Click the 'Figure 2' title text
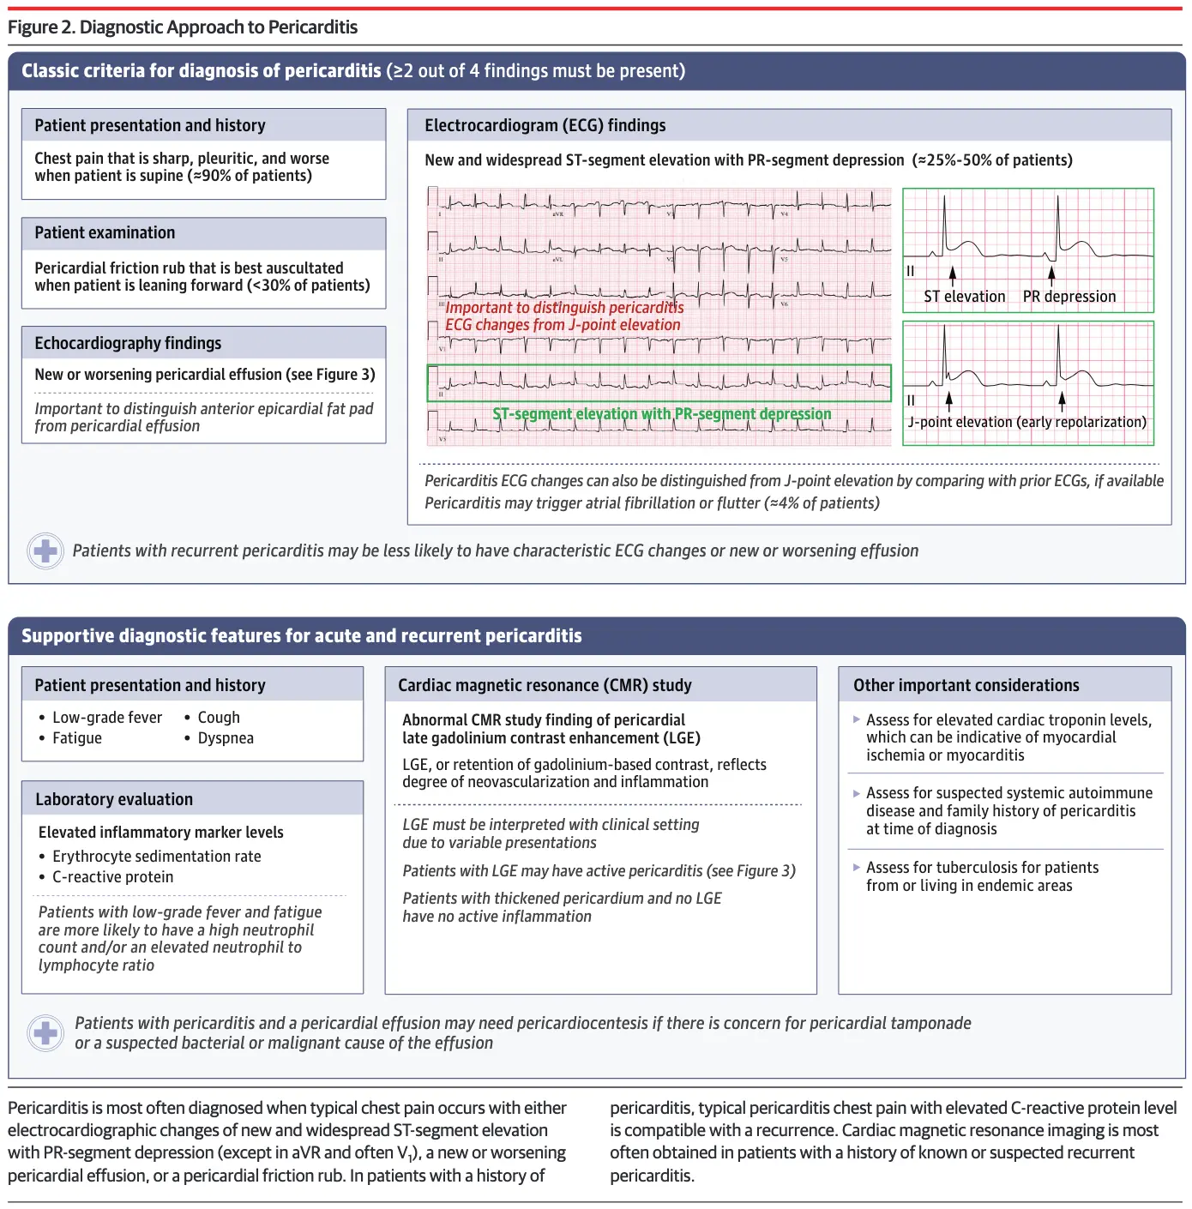[182, 27]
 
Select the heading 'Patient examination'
[105, 232]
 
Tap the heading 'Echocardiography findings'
[128, 343]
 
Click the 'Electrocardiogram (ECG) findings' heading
[545, 125]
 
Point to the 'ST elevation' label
[964, 297]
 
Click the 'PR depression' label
[1069, 297]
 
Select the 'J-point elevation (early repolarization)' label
[1026, 422]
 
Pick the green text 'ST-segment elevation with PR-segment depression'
[661, 414]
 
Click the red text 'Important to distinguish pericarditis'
[564, 308]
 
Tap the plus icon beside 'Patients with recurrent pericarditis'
[45, 550]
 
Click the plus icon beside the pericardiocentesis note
[45, 1032]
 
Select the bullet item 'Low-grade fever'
[106, 718]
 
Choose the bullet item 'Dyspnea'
[226, 738]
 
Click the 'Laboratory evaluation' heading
[114, 799]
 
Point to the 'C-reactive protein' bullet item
[112, 877]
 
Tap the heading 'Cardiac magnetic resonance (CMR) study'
[545, 685]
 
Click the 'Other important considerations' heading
[966, 685]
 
